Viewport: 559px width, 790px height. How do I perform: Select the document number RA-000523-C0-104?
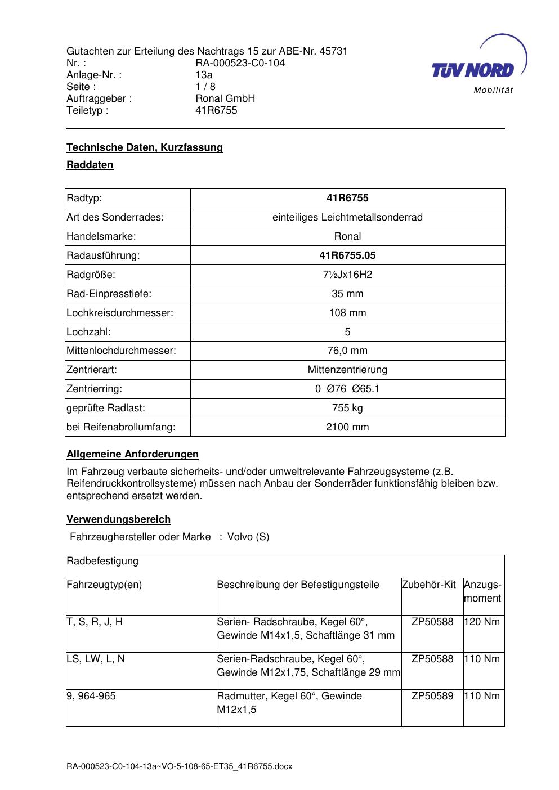coord(240,63)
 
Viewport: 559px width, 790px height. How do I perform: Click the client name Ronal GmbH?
coord(225,98)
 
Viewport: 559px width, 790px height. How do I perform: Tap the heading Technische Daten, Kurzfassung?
coord(145,147)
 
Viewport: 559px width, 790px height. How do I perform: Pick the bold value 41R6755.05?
coord(347,255)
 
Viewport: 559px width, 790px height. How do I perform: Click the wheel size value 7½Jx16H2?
coord(347,275)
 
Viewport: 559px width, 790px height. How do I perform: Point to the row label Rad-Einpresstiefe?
coord(109,294)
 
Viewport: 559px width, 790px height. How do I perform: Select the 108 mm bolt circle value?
coord(347,313)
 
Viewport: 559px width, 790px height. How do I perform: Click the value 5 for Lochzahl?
coord(347,332)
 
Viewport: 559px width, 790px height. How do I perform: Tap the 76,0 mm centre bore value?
coord(347,351)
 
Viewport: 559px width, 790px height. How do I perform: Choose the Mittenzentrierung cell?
coord(347,370)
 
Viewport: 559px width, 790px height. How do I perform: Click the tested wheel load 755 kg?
coord(347,408)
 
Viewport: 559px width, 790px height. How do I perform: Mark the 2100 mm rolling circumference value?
coord(347,427)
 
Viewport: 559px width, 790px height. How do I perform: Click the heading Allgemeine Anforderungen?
coord(133,454)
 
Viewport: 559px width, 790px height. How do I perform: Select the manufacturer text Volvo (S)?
coord(248,537)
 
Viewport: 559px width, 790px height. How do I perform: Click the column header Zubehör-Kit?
coord(429,585)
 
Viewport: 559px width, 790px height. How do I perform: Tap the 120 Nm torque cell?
coord(482,622)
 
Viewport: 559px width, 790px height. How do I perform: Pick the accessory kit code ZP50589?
coord(432,696)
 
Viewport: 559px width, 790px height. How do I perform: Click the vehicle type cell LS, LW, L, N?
coord(96,659)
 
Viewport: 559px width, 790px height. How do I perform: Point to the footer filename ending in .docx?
coord(180,766)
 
